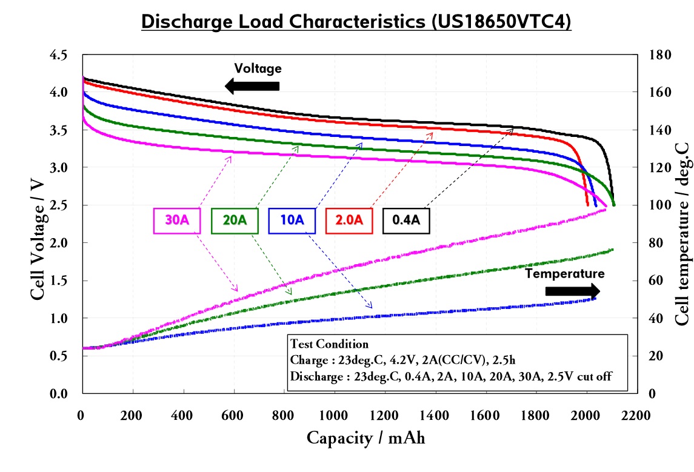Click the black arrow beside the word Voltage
tap(252, 86)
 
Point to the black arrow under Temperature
tap(572, 291)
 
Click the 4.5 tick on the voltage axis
tap(58, 55)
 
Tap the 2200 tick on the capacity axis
tap(635, 416)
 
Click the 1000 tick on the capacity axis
tap(333, 416)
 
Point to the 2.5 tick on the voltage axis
tap(58, 205)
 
